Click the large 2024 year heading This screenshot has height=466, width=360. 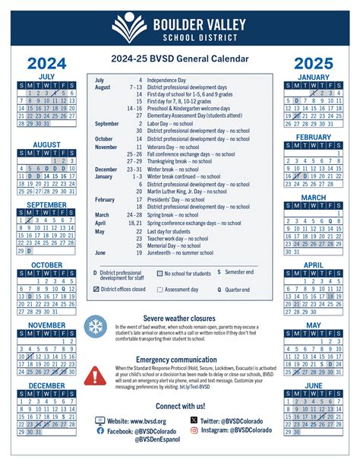coord(46,62)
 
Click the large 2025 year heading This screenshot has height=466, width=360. coord(314,62)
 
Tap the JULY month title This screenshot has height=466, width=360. coord(46,77)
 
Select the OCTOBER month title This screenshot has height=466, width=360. coord(46,265)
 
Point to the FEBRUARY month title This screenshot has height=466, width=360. coord(314,137)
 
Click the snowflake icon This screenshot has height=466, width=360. coord(96,328)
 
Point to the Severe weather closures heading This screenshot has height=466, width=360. coord(180,318)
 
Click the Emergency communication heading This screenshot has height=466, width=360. coord(180,359)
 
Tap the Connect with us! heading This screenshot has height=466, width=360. coord(180,406)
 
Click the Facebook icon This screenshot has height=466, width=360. coord(101,430)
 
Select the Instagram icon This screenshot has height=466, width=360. coord(194,430)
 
